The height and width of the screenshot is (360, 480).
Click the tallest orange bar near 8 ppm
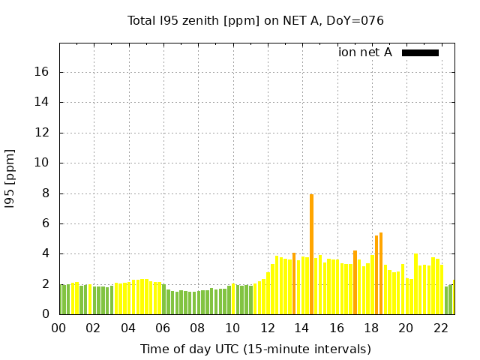tap(311, 255)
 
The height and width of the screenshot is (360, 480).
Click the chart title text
tap(256, 21)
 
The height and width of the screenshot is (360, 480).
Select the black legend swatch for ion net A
tap(420, 52)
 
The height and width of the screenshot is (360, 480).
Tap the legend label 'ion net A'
tap(365, 52)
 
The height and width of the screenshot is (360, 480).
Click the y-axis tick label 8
tap(46, 193)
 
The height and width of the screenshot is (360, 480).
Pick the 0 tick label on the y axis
tap(46, 315)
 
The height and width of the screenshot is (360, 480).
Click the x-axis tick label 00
tap(58, 328)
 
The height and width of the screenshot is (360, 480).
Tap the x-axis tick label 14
tap(301, 328)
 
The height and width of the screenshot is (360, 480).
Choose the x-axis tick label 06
tap(163, 328)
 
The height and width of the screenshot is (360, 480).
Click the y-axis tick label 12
tap(43, 133)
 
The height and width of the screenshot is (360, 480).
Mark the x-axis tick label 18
tap(370, 328)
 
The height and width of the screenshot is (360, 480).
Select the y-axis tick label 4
tap(46, 254)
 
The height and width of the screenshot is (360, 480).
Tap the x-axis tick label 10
tap(232, 328)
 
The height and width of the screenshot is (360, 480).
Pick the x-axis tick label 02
tap(94, 328)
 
